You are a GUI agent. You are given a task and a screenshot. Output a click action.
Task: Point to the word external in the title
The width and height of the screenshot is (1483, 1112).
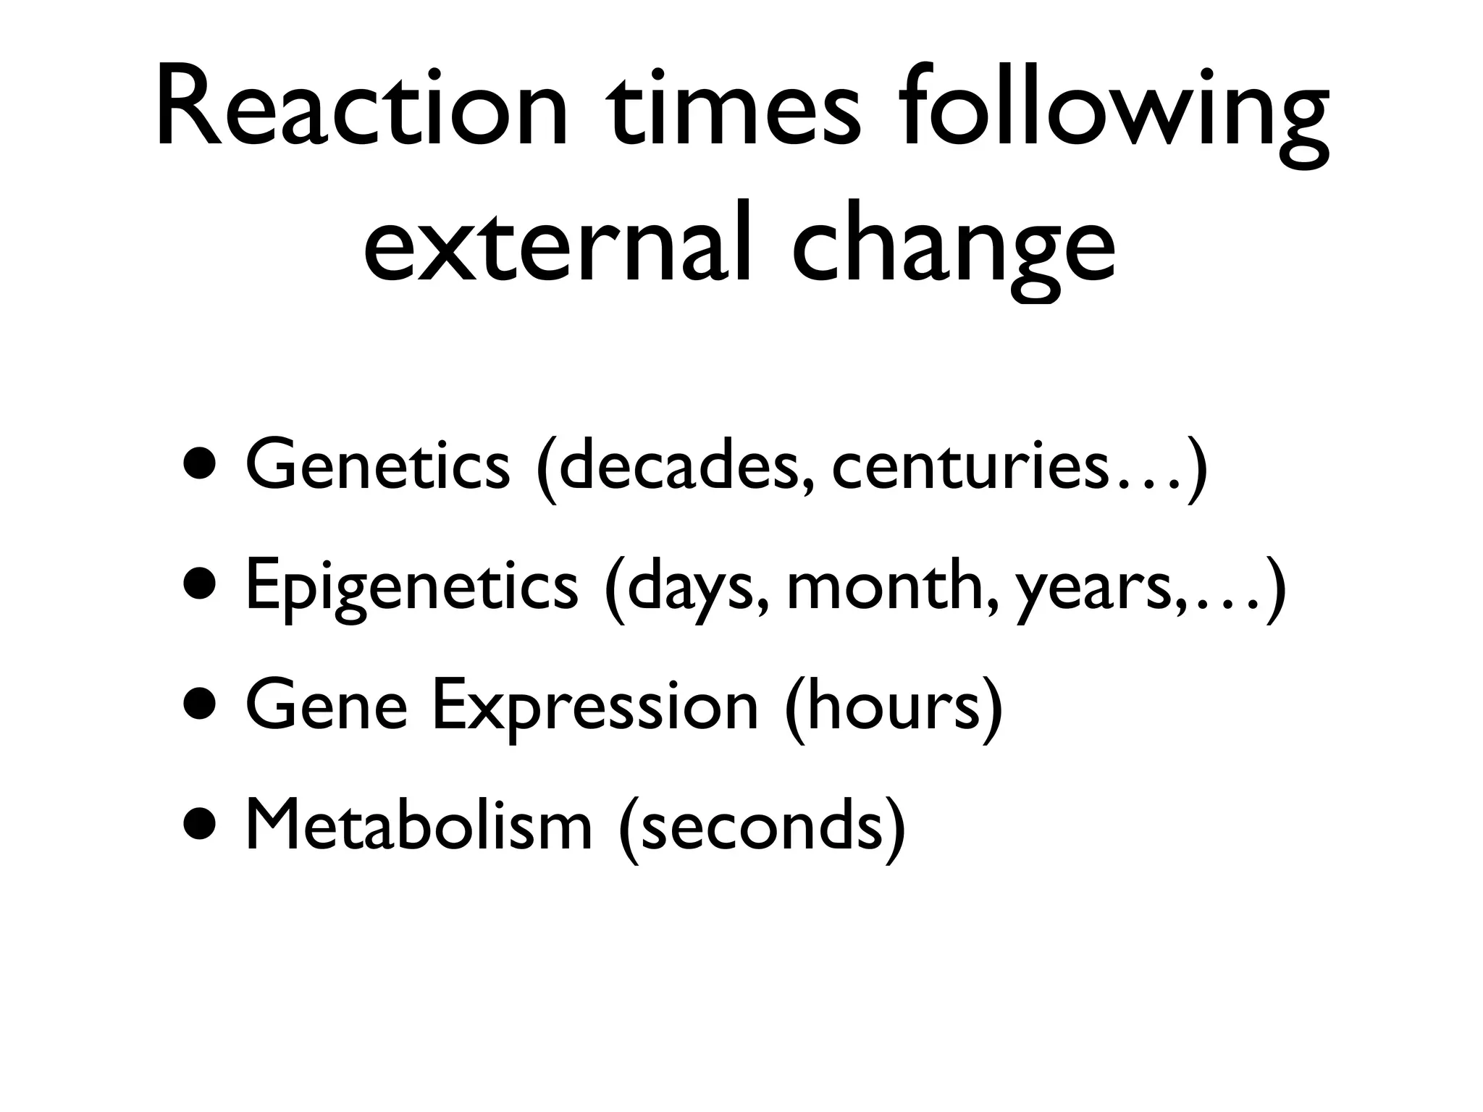click(x=558, y=243)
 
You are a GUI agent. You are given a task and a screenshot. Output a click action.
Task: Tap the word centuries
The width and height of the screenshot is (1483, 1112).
click(x=970, y=466)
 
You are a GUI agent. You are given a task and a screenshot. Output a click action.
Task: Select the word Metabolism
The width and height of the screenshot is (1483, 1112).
click(x=419, y=825)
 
